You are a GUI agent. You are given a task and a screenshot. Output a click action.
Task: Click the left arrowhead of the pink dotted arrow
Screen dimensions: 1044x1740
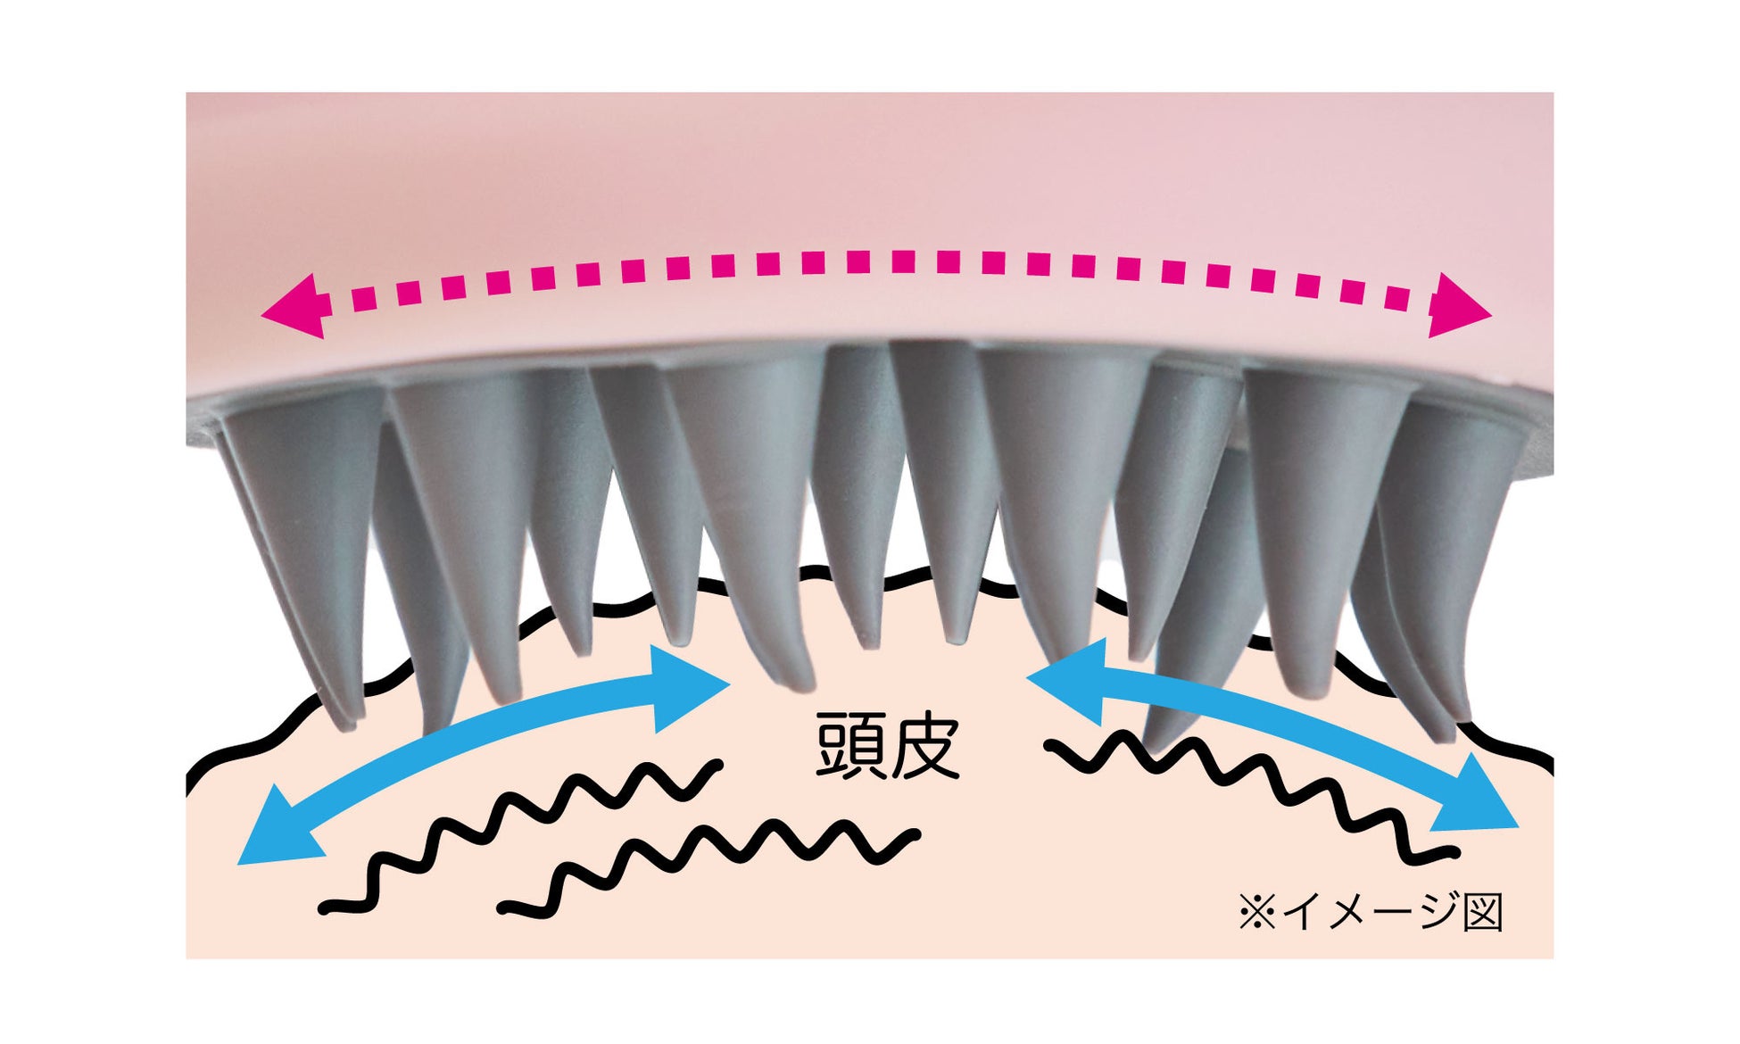point(293,306)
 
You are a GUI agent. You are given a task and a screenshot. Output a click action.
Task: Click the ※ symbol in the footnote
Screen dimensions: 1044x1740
point(1256,913)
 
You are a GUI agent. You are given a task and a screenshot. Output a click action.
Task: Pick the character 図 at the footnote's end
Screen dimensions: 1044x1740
point(1483,912)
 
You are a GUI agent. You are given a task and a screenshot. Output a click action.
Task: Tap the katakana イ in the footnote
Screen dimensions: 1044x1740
point(1301,912)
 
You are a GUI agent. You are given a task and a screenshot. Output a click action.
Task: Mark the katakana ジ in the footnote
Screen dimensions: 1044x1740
point(1437,912)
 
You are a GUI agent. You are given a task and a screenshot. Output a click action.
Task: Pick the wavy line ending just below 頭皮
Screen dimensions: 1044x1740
point(714,857)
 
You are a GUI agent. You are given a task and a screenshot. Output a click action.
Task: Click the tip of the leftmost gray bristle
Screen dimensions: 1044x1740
point(348,721)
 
